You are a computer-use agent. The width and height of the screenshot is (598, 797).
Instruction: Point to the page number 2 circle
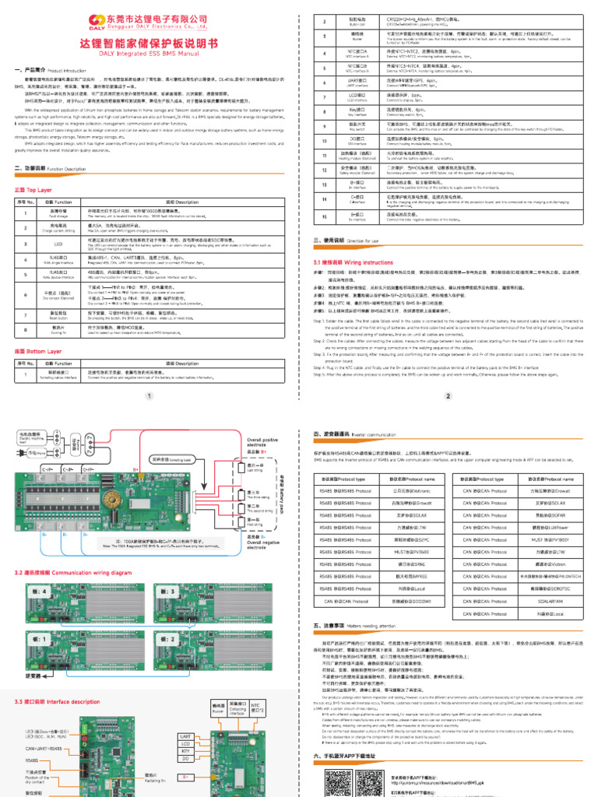click(448, 395)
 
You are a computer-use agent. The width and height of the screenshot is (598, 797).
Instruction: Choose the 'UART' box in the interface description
click(185, 735)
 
